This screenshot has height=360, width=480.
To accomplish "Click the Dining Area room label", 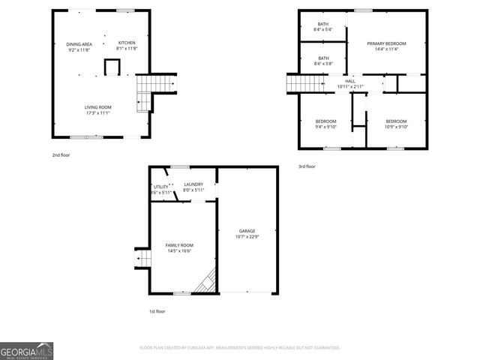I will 79,44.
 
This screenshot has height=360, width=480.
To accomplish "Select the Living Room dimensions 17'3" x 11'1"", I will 97,112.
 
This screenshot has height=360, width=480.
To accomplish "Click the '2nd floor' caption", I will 61,154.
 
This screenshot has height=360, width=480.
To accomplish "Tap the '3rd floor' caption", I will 307,166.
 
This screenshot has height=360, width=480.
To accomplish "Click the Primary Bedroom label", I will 387,44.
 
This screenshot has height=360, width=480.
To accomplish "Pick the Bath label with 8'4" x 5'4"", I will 323,25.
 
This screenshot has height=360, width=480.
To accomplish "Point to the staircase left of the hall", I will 292,84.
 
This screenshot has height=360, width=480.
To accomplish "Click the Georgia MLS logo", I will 26,351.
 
